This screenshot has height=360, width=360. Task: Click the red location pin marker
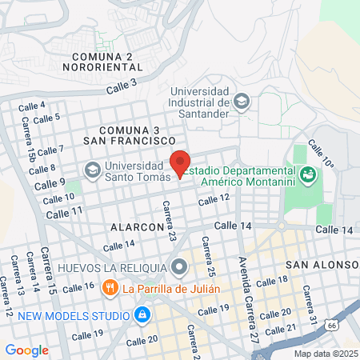(180, 162)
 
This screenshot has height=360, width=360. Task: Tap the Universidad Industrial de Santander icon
(242, 101)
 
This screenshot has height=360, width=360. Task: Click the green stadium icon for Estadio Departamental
(306, 173)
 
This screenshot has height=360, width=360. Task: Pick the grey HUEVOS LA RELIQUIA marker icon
(178, 266)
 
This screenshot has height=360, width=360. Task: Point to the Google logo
(26, 350)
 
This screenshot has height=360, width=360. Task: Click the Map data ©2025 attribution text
(325, 353)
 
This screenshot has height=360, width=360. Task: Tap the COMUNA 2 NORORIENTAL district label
(112, 62)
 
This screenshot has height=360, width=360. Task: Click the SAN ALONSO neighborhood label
(325, 265)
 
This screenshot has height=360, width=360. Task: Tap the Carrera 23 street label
(169, 221)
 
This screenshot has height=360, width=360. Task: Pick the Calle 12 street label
(214, 198)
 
